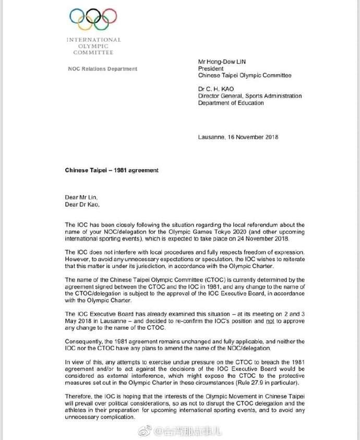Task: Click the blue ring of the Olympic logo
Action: tap(76, 16)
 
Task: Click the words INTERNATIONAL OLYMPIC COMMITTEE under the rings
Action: tap(93, 46)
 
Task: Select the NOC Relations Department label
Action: tap(103, 69)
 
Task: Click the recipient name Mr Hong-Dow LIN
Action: tap(222, 62)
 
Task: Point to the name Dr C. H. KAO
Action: tap(215, 89)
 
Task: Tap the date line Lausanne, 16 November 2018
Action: tap(238, 137)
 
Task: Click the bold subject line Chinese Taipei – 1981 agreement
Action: tap(112, 170)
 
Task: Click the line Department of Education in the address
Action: tap(231, 103)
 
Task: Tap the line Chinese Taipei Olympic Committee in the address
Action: tap(245, 75)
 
